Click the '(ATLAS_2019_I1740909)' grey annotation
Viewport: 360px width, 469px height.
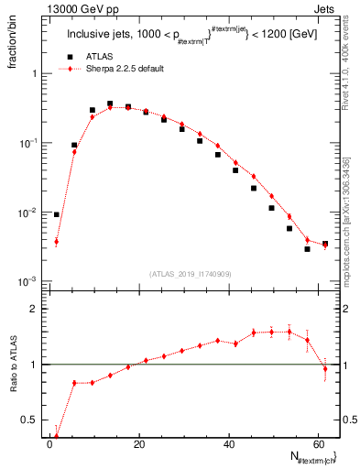coord(191,274)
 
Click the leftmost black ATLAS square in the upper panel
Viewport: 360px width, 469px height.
coord(57,214)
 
